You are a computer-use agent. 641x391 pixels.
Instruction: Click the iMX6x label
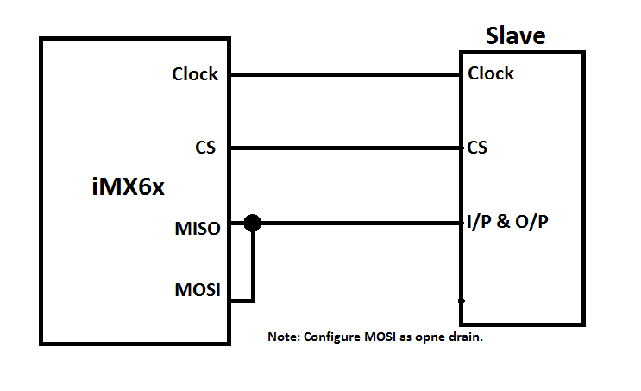128,186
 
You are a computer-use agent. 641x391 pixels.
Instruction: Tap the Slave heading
516,35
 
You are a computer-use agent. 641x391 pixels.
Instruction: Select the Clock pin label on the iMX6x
195,74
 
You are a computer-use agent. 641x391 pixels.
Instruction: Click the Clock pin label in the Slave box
491,73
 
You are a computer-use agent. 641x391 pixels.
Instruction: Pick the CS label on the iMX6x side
205,148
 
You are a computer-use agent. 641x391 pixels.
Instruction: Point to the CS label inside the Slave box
477,148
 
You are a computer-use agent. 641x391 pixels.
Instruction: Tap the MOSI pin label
197,289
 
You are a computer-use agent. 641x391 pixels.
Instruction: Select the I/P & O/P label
509,222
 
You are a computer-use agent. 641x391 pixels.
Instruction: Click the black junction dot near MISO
252,224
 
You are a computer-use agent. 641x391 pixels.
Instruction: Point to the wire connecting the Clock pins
345,74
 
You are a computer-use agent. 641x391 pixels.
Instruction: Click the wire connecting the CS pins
345,148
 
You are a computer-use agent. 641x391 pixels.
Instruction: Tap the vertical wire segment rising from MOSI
253,263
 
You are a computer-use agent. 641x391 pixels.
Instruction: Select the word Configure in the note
330,337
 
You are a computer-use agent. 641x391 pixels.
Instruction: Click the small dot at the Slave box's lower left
462,300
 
